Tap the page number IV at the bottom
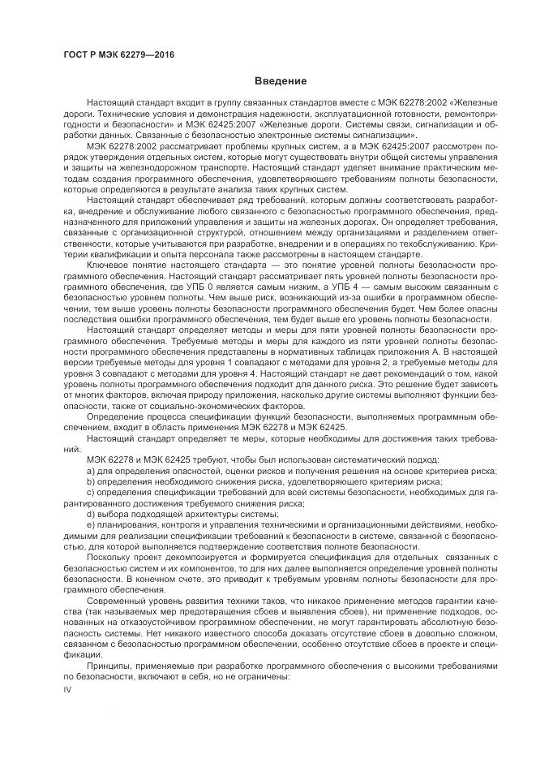[x=68, y=689]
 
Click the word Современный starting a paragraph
[x=117, y=603]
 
